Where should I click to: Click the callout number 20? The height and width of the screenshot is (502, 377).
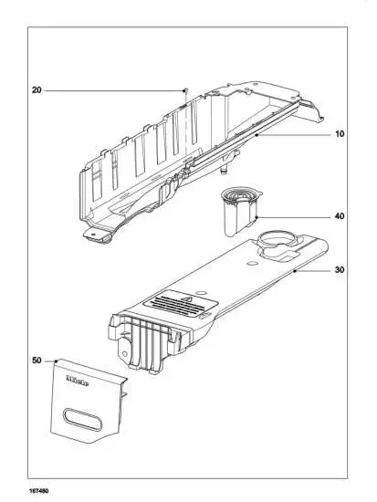[37, 90]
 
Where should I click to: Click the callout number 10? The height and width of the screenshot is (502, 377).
[339, 134]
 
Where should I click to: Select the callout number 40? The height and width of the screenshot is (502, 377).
[339, 218]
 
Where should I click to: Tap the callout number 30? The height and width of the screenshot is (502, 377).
[339, 270]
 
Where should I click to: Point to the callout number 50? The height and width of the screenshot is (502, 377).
[37, 361]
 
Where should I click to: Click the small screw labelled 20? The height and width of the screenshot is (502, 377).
[185, 89]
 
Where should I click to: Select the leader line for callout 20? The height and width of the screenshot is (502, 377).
[110, 90]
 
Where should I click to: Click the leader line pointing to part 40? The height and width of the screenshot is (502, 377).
[292, 218]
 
